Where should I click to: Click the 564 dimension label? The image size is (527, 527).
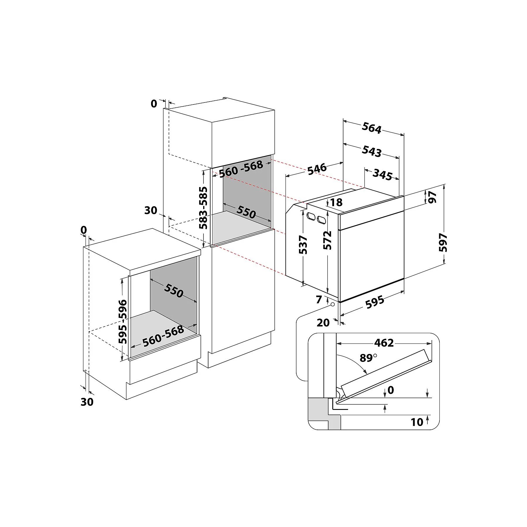pos(372,128)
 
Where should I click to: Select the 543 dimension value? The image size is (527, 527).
pos(372,151)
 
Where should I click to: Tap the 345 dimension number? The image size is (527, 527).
pos(382,174)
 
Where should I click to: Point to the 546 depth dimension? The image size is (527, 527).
pos(317,169)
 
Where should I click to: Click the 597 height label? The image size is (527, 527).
pos(443,242)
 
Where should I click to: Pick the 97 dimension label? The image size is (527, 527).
pos(432,197)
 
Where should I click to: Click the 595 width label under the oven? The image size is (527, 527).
pos(375,302)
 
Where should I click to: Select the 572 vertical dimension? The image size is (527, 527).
pos(328,240)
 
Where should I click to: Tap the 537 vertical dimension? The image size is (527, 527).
pos(303,245)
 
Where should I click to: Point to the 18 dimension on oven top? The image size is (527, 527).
pos(336,202)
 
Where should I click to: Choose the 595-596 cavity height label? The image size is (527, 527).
pos(123,321)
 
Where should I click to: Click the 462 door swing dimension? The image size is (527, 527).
pos(384,343)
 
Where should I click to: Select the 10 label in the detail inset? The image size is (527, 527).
pos(417,422)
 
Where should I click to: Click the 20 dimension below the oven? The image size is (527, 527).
pos(323,323)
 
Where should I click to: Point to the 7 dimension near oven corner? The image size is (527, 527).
pos(319,300)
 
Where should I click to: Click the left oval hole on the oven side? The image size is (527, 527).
pos(310,217)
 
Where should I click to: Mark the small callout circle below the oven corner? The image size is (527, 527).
pos(332,304)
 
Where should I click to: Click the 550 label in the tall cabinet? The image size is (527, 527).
pos(246,212)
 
